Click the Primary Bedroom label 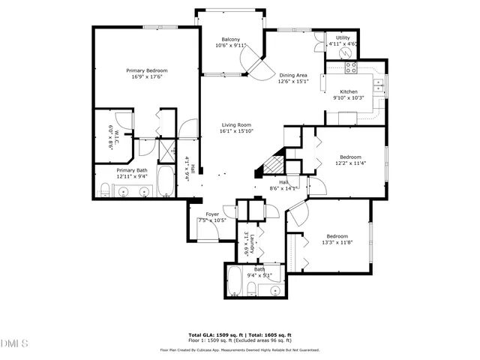(x=146, y=70)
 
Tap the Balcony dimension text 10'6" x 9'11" (x=230, y=46)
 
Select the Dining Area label (x=293, y=75)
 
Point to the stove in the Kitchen (x=349, y=68)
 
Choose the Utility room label (x=343, y=37)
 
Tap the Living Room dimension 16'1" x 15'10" (x=235, y=131)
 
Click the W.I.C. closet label (x=110, y=136)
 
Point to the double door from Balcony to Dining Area (x=259, y=64)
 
